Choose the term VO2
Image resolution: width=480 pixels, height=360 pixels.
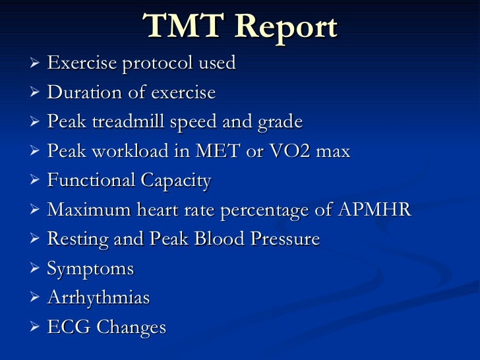[x=288, y=152]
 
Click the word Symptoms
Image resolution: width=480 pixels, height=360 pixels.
[x=90, y=270]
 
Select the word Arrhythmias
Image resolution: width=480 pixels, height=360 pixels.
[x=98, y=298]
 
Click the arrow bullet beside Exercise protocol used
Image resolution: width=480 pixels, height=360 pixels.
[x=36, y=64]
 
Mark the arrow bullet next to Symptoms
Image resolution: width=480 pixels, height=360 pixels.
[x=36, y=269]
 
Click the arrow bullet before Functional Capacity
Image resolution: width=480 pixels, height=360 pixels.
[x=36, y=181]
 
